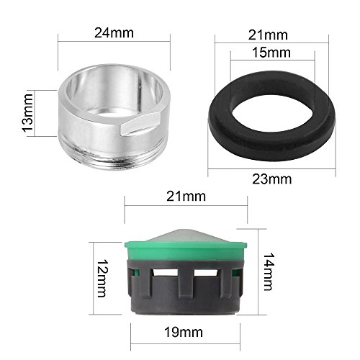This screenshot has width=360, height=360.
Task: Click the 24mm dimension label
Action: point(114,33)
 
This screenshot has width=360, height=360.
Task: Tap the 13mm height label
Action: point(28,112)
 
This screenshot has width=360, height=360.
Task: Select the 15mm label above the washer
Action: point(271,53)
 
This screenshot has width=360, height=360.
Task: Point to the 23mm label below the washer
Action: point(271,179)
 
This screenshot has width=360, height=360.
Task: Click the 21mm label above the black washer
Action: point(268,35)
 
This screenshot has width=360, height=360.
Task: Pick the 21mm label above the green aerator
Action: point(186,197)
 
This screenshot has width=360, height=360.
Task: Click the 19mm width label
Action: point(184,333)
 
